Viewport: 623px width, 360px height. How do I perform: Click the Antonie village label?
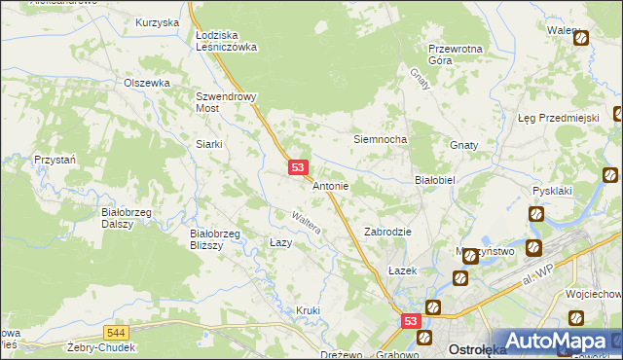pos(330,185)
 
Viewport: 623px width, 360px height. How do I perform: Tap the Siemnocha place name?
pos(379,139)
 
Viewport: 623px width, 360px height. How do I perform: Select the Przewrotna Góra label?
pos(455,54)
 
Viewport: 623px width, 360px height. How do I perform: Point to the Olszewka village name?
pos(147,84)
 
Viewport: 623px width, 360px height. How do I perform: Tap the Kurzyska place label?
pos(158,21)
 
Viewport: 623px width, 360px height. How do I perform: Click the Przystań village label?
pos(55,159)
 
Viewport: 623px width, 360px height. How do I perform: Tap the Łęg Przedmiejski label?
pos(557,118)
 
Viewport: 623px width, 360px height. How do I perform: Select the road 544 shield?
pos(117,332)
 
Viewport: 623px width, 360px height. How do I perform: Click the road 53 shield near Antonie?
pos(299,168)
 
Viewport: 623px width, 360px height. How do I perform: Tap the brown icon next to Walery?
pos(581,39)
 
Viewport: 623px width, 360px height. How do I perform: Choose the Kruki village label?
pos(308,310)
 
